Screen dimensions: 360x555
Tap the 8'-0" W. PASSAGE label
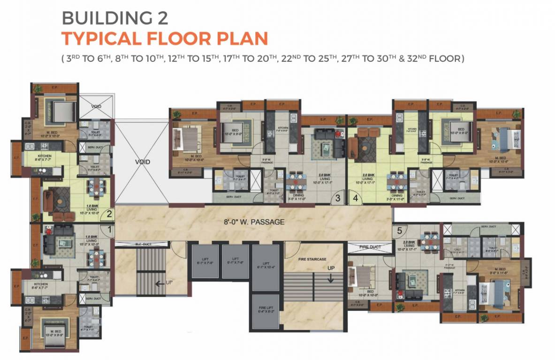[x=254, y=222]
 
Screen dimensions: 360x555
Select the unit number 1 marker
[x=109, y=230]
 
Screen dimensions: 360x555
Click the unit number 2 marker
[x=109, y=215]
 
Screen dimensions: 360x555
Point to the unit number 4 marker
[x=355, y=198]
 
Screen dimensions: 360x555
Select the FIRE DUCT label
[x=370, y=247]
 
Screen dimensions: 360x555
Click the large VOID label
[x=142, y=162]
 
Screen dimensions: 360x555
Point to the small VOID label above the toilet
[x=96, y=106]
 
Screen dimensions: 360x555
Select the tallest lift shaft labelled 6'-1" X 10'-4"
[x=266, y=267]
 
